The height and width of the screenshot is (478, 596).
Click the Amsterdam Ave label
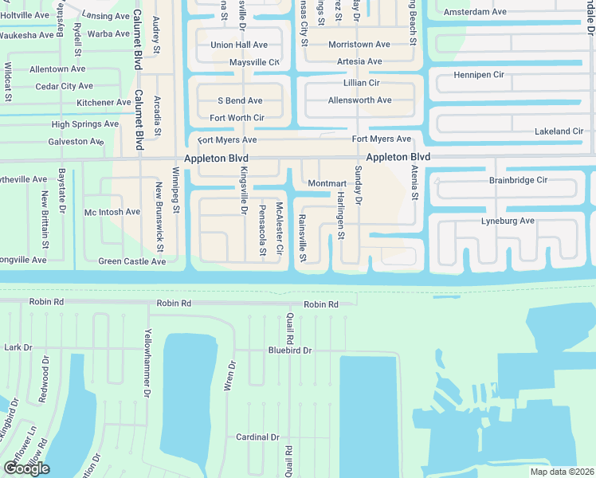[x=475, y=12]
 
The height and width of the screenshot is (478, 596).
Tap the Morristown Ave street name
[x=359, y=45]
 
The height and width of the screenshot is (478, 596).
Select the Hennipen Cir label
[x=478, y=74]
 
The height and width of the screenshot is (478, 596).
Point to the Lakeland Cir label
[x=559, y=131]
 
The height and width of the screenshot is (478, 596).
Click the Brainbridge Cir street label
[x=518, y=180]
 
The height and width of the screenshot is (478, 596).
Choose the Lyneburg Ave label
[x=508, y=220]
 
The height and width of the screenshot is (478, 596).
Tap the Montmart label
[x=327, y=183]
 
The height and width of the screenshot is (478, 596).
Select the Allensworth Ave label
[x=359, y=100]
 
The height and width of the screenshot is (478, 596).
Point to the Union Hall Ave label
[x=239, y=45]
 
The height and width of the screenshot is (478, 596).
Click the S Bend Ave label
[x=240, y=101]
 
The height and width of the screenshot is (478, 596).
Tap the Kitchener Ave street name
[x=104, y=103]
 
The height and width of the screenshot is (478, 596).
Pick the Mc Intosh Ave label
[x=112, y=212]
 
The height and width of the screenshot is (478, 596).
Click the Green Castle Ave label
[x=131, y=261]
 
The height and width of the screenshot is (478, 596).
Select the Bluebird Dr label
[x=289, y=350]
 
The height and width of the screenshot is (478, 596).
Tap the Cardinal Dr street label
[x=257, y=437]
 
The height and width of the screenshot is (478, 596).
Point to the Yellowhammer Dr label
[x=147, y=362]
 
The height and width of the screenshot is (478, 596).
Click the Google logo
[x=26, y=468]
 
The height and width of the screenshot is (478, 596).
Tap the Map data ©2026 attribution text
[x=562, y=472]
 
